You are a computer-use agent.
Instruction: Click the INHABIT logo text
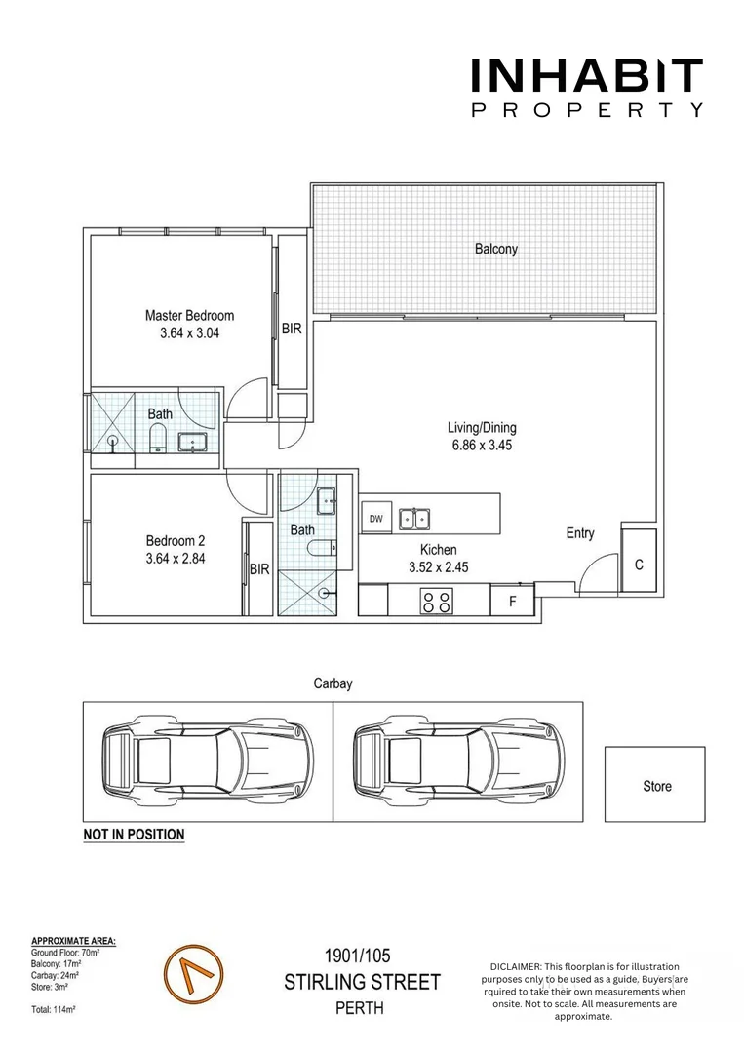586,76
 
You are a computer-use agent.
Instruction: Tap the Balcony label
496,249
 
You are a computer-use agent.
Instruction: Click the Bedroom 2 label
176,541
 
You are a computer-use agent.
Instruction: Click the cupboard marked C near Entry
639,565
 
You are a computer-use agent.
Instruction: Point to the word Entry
580,533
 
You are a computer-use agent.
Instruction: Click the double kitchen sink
415,519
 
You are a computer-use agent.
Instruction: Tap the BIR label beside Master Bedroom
292,330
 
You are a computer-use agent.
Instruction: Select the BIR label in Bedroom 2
258,569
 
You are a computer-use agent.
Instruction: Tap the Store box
655,785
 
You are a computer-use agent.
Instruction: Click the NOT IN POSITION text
134,835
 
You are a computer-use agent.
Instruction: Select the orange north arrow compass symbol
192,975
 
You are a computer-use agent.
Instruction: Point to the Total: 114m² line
54,1009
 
